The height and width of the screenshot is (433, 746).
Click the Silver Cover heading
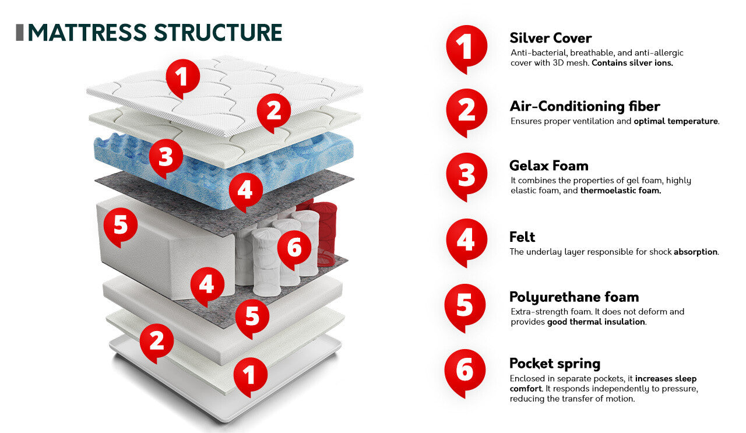tap(550, 38)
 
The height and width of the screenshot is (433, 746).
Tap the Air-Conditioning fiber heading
tap(585, 106)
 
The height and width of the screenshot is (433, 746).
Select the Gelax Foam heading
tap(548, 166)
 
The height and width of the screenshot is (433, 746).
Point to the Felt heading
tap(522, 237)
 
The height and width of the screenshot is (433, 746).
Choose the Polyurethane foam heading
tap(573, 297)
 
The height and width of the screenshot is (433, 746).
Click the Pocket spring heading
tap(554, 364)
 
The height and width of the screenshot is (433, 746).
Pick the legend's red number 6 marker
tap(465, 371)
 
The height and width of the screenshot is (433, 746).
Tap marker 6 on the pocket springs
tap(294, 249)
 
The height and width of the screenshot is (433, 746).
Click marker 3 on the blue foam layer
tap(166, 157)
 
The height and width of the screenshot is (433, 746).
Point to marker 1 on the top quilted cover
tap(182, 76)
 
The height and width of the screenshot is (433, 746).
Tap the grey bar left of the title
tap(19, 33)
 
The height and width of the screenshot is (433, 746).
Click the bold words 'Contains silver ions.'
tap(632, 63)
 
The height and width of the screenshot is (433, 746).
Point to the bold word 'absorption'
tap(695, 252)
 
